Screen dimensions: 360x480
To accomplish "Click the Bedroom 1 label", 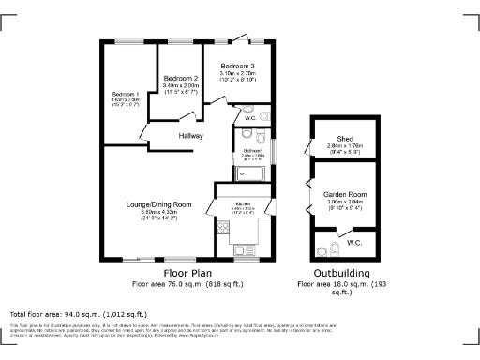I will click(125, 95).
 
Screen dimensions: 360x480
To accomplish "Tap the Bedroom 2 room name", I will click(181, 78).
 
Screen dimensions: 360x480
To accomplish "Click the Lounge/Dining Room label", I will click(158, 204).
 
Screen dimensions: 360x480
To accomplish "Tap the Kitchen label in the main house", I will click(242, 204).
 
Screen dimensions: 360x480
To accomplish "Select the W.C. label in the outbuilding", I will click(353, 242).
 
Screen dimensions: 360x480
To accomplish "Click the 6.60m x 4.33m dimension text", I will click(158, 212).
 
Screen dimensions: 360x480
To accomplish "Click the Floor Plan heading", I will click(187, 272).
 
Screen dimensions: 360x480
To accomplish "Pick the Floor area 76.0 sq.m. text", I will click(187, 282).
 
